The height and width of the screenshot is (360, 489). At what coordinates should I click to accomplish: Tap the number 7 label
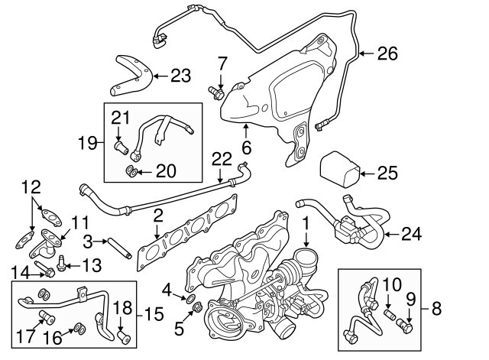222,62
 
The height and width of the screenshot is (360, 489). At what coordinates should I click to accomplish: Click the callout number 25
387,173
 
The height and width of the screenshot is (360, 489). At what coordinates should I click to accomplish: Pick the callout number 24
411,233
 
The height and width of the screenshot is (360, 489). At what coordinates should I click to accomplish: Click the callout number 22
221,159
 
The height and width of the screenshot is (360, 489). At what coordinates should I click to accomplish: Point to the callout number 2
157,216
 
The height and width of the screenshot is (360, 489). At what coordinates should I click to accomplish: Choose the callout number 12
30,186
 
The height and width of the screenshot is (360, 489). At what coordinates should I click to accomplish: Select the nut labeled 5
196,309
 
